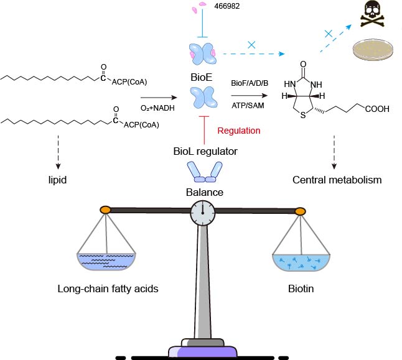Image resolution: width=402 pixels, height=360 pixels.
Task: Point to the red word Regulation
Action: click(238, 131)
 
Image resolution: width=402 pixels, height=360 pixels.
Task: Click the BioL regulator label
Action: click(205, 150)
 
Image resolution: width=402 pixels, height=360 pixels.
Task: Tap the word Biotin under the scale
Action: click(301, 289)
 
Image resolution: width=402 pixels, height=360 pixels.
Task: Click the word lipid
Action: click(58, 181)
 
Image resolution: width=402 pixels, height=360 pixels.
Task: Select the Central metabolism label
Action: click(337, 181)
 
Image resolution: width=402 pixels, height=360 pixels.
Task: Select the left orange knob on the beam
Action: click(106, 210)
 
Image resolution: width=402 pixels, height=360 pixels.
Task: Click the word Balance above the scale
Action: click(204, 192)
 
